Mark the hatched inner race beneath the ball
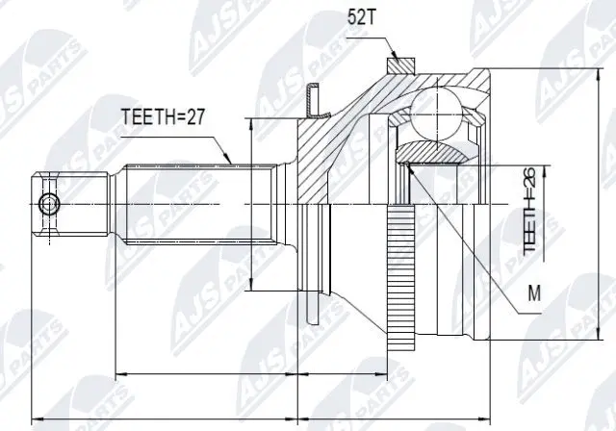click(430, 151)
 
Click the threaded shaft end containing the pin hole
click(67, 203)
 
